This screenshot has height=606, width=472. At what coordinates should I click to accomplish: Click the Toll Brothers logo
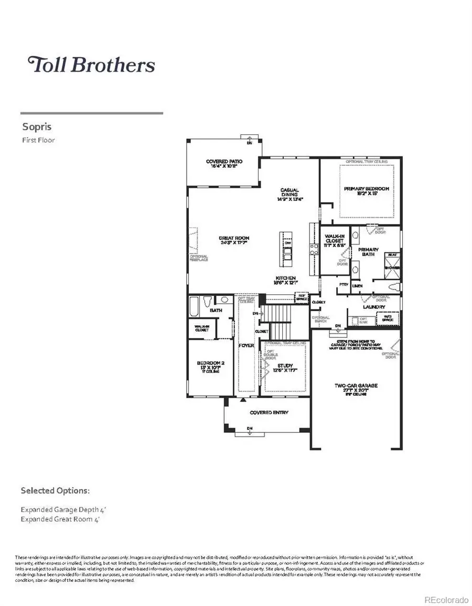tap(91, 65)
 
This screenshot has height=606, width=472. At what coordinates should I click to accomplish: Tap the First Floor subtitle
tap(38, 140)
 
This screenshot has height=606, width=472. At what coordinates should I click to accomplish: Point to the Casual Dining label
tap(289, 194)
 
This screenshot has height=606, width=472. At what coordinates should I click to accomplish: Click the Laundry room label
tap(374, 307)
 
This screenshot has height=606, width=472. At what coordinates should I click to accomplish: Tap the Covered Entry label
tap(269, 413)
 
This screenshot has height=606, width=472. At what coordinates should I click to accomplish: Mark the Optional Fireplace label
tap(199, 259)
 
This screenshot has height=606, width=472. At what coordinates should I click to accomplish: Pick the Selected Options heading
tap(55, 491)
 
